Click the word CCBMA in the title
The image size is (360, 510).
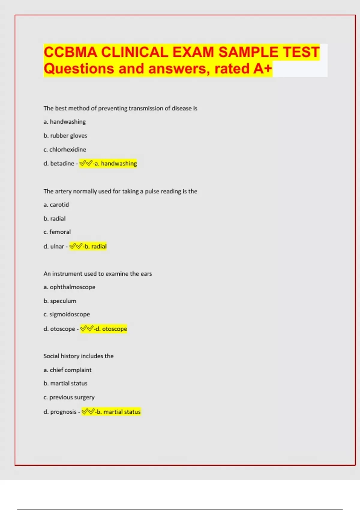(x=70, y=52)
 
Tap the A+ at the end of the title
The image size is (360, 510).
(x=263, y=69)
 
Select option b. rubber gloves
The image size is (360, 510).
(x=65, y=136)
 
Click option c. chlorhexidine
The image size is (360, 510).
(x=65, y=149)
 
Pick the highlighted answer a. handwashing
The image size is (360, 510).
(x=115, y=163)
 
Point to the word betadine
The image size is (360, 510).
(x=62, y=163)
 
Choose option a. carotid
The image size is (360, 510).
(x=56, y=205)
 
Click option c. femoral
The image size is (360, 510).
(x=57, y=232)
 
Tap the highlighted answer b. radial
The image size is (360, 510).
(x=95, y=246)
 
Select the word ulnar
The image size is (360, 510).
(x=57, y=246)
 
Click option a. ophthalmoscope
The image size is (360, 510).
(x=69, y=287)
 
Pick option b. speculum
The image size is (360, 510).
(x=60, y=301)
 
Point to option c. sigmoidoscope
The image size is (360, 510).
(x=67, y=314)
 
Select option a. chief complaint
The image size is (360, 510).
(x=67, y=370)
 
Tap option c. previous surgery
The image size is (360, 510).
(x=69, y=397)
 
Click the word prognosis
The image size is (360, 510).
(x=63, y=412)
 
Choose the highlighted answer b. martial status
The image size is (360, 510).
(x=118, y=412)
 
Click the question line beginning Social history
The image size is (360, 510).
(x=79, y=356)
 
